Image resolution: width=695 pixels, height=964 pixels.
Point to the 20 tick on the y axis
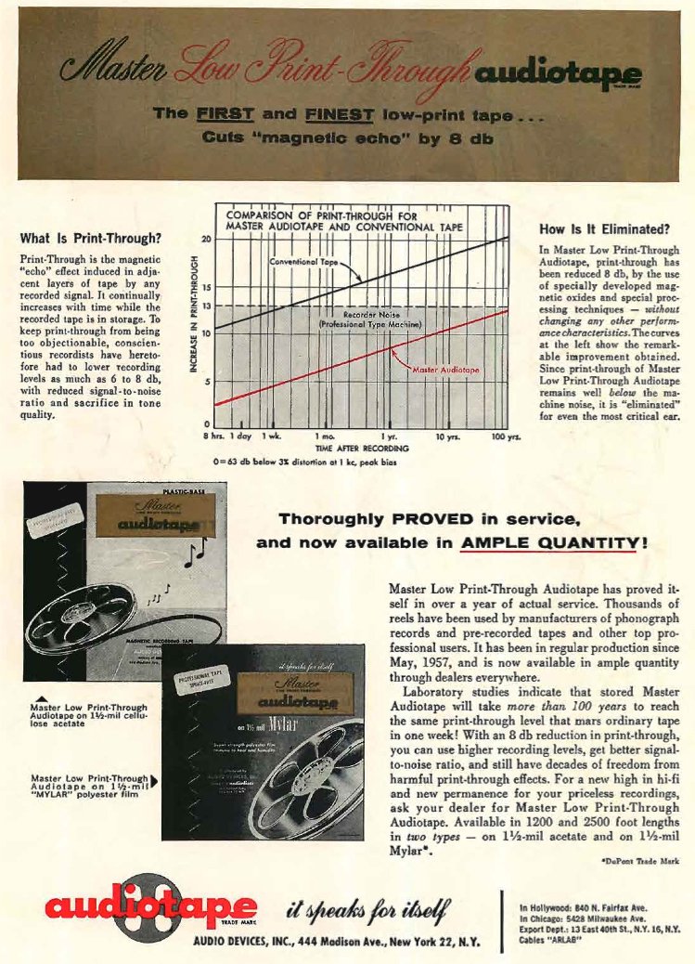(x=207, y=239)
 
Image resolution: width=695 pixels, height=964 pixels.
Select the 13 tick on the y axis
(x=207, y=306)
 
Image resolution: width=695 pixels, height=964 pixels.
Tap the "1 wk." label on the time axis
(x=272, y=436)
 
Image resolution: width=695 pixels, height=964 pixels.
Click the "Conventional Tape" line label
(x=303, y=262)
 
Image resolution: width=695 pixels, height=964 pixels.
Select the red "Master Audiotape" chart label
(x=441, y=368)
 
